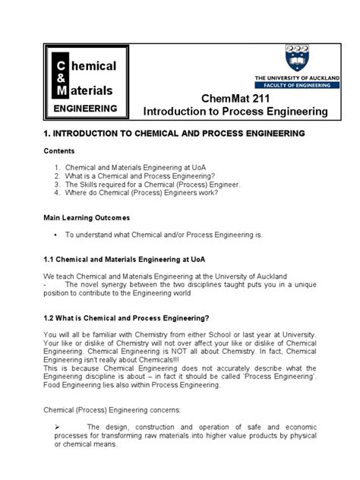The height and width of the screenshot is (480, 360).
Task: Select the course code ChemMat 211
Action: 235,98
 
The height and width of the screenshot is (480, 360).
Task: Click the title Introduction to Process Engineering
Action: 235,112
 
